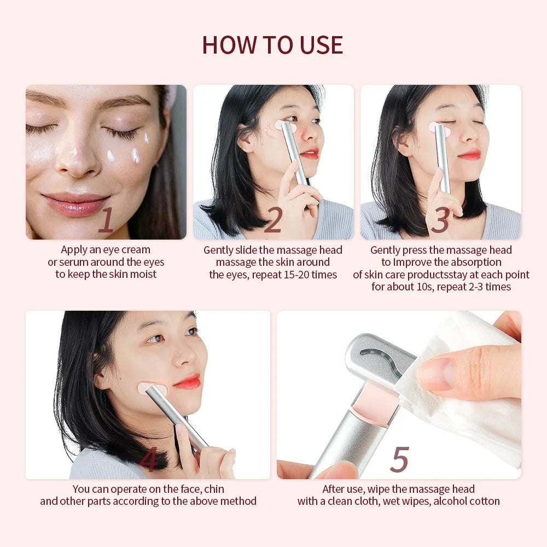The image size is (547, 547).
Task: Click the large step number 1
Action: [106, 220]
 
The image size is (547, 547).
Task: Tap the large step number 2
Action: [272, 220]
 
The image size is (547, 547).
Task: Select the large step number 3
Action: [440, 220]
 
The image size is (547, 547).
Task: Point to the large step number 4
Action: [148, 460]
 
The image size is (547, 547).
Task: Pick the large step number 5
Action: [399, 460]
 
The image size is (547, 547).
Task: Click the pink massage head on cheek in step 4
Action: [152, 389]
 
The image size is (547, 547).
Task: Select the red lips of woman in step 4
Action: [188, 381]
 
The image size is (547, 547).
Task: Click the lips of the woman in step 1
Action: [75, 204]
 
